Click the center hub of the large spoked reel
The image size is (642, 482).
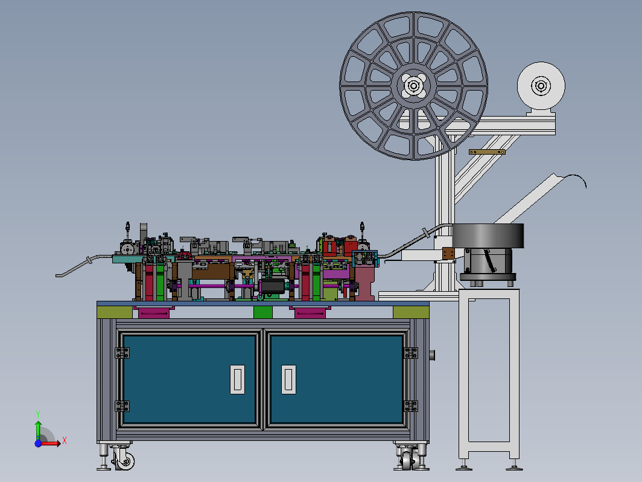(413, 86)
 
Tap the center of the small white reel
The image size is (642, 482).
(541, 86)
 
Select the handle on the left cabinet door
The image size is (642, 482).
(238, 379)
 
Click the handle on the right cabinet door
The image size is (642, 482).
(288, 379)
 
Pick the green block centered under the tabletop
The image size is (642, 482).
(263, 312)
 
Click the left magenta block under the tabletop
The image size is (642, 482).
(153, 312)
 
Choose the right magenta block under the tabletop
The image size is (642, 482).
(310, 312)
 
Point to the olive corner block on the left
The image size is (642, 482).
(115, 312)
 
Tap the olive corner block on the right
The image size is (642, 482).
(411, 312)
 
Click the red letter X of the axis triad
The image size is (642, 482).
(65, 441)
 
